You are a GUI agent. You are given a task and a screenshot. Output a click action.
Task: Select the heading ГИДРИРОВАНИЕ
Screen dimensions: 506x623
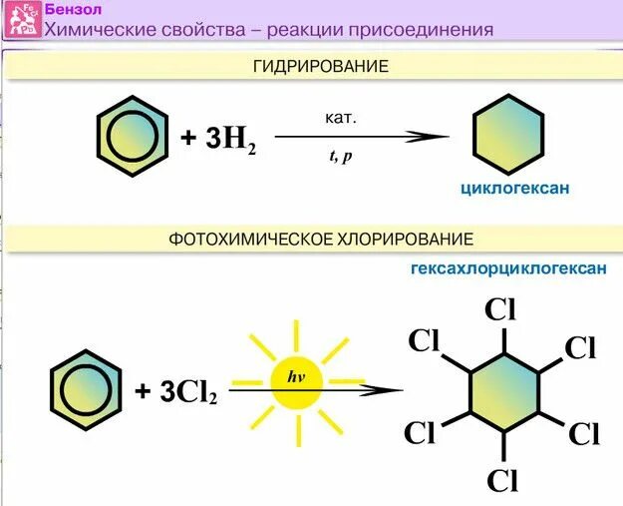click(322, 66)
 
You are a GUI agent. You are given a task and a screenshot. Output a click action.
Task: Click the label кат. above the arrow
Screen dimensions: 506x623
click(340, 118)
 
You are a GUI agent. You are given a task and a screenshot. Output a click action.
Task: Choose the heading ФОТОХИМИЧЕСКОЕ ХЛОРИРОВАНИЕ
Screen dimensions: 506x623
click(320, 240)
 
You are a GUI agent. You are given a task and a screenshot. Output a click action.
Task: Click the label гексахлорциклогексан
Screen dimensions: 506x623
click(508, 269)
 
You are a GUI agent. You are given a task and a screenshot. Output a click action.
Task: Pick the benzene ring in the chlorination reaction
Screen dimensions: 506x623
click(87, 387)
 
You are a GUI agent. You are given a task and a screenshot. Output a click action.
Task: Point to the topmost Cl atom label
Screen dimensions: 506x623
click(504, 308)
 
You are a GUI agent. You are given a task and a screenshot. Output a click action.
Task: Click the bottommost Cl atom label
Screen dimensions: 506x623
click(503, 480)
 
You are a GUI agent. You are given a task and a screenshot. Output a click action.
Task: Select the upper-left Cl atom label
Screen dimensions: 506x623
click(425, 340)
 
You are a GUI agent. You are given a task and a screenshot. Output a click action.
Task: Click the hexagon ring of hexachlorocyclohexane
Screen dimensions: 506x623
click(504, 392)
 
